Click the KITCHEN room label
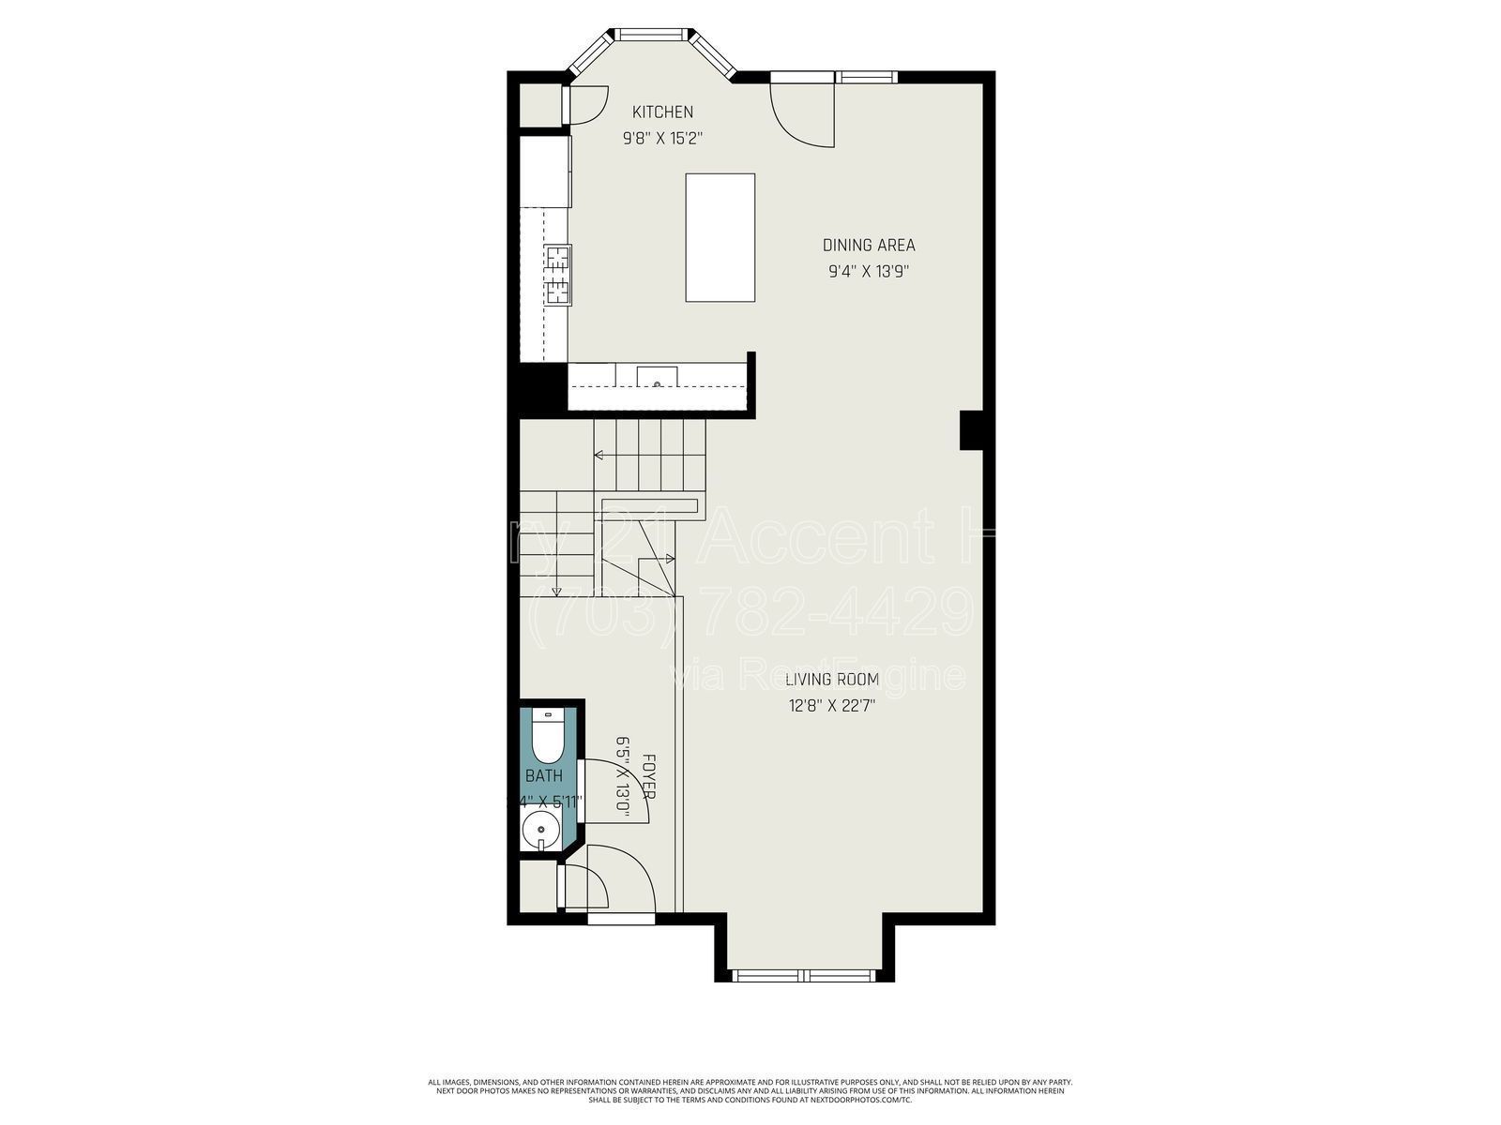coord(662,112)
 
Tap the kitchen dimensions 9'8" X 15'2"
coord(662,139)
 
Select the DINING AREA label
coord(869,246)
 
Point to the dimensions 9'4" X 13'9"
coord(869,272)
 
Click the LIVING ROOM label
coord(832,680)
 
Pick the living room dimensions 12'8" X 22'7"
coord(832,707)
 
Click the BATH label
coord(544,776)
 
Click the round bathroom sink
coord(538,829)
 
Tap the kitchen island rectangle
coord(720,237)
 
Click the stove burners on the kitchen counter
coord(558,275)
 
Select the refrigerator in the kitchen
coord(544,171)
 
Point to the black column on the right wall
coord(971,431)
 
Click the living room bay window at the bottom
coord(804,975)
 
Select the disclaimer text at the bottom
coord(750,1090)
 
